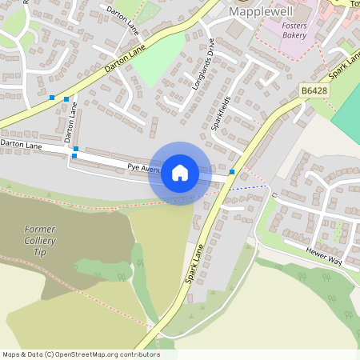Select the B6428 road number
coord(314,92)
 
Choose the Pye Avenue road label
coord(144,168)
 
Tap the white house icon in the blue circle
coord(180,173)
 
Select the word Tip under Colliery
coord(38,252)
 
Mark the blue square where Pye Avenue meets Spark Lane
coord(232,172)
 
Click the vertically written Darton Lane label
coord(72,120)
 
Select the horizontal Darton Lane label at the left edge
coord(21,145)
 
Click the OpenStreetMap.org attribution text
coord(104,354)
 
